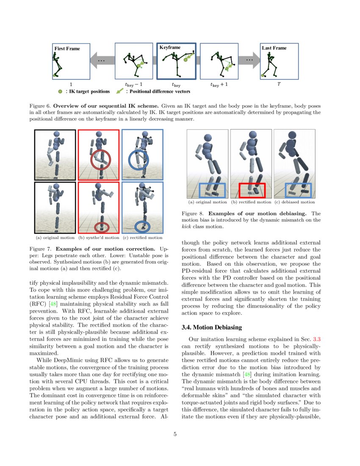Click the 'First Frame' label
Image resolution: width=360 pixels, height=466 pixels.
67,48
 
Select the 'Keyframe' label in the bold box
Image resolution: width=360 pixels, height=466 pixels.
170,47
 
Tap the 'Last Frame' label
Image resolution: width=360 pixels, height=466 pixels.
274,48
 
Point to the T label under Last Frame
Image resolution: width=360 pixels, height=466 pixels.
279,84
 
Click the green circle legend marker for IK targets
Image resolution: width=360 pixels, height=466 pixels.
61,91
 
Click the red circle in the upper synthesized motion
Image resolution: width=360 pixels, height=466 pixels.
100,159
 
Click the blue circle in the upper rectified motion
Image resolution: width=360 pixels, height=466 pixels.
138,159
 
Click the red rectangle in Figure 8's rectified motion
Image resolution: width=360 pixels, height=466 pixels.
252,191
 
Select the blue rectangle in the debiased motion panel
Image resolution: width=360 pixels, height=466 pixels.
298,191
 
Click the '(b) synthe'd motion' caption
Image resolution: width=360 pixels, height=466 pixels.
99,238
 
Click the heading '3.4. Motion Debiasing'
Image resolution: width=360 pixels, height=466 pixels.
211,327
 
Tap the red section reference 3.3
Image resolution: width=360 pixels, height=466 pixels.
317,339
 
